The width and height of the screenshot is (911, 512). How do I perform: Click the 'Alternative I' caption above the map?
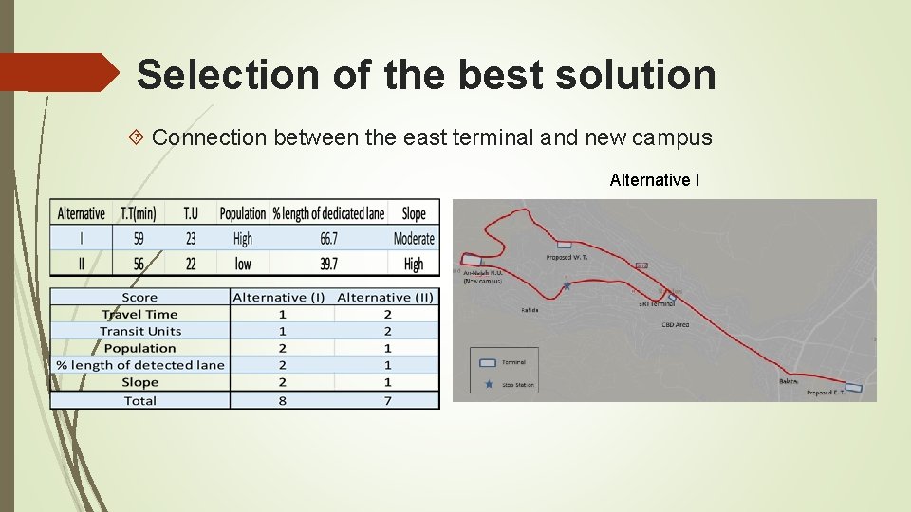(x=655, y=180)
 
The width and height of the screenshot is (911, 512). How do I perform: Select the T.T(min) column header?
(x=139, y=213)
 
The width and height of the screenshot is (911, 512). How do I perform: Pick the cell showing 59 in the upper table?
(x=139, y=239)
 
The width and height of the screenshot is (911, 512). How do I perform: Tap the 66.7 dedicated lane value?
(x=328, y=239)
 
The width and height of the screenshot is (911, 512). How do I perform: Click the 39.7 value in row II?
(x=328, y=264)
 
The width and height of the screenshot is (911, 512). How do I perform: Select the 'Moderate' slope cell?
(x=414, y=239)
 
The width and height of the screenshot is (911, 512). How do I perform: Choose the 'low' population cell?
(x=243, y=264)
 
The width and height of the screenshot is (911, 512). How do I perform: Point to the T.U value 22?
(x=190, y=264)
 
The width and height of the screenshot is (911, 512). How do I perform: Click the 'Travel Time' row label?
(x=140, y=314)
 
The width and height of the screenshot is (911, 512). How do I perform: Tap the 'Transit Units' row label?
(x=140, y=331)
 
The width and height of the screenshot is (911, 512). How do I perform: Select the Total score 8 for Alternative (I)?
(x=282, y=400)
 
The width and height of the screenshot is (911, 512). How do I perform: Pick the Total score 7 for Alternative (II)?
(x=387, y=400)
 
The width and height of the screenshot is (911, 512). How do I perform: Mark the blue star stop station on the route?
(x=567, y=284)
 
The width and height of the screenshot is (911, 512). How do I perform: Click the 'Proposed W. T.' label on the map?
(x=567, y=257)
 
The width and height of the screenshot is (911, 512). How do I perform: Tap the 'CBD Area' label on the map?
(x=675, y=324)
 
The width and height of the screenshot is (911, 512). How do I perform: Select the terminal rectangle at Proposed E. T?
(x=854, y=387)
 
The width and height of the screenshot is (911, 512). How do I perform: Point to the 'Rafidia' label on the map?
(x=531, y=309)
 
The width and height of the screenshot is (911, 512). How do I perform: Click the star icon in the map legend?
(x=489, y=384)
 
